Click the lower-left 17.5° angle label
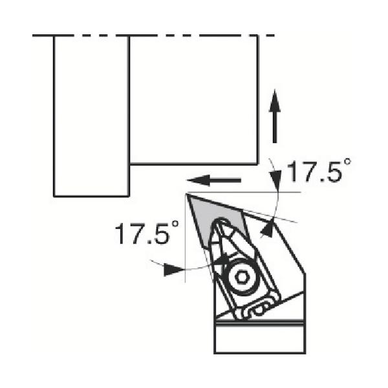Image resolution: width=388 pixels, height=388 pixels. [x=147, y=233]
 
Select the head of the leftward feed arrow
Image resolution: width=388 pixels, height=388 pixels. [x=199, y=180]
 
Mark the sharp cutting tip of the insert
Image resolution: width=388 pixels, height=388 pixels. [x=187, y=194]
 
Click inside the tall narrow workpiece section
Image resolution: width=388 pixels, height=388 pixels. [x=91, y=116]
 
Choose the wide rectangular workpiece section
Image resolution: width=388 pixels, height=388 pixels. [x=193, y=100]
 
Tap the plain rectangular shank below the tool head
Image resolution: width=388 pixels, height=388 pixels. [x=260, y=339]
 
